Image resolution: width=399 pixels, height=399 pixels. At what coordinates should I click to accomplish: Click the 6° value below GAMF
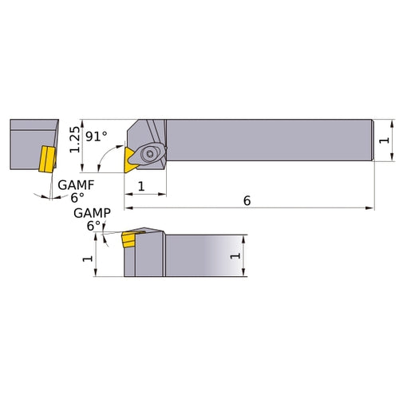click(77, 197)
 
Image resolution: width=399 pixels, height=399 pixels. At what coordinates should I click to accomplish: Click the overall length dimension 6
click(247, 201)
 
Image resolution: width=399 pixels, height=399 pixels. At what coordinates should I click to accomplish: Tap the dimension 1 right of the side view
click(235, 256)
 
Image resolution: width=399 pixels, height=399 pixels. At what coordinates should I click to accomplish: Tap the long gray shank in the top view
click(271, 141)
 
